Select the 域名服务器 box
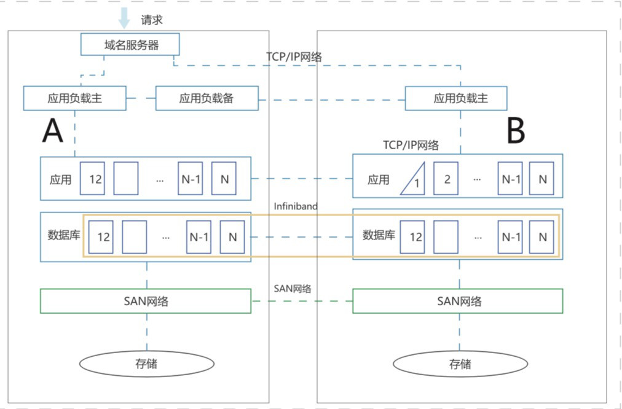(130, 44)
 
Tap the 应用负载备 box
(207, 98)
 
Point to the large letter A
(53, 130)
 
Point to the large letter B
(516, 130)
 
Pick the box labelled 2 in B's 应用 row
(446, 179)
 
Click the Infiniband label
(296, 206)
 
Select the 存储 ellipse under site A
(146, 363)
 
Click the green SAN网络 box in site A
(146, 301)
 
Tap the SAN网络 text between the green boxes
(292, 289)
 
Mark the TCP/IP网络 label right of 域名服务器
(294, 56)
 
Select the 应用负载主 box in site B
(456, 98)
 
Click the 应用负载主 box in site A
(74, 98)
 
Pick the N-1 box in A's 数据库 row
(199, 237)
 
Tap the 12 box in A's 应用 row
(95, 179)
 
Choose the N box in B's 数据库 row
(543, 237)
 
